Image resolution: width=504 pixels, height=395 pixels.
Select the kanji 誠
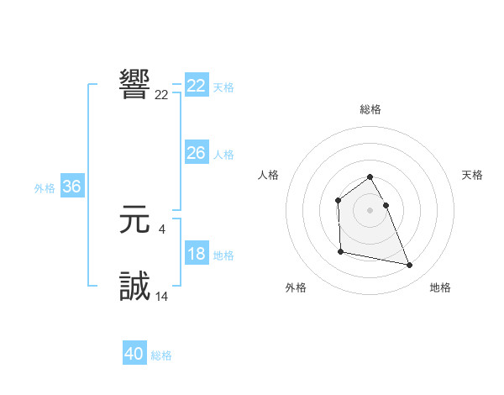135,287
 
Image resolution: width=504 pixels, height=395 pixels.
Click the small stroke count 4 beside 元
161,229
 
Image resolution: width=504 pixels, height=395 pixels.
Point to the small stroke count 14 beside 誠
161,296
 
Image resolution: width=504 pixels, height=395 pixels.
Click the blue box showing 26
196,153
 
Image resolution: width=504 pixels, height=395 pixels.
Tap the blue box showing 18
196,254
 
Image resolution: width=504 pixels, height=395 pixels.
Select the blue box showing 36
71,187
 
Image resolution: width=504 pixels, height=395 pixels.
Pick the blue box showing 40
134,354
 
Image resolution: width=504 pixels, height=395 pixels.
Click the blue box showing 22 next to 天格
196,86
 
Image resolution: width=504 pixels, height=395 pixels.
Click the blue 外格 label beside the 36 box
45,188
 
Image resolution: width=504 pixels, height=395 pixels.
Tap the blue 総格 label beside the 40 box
161,355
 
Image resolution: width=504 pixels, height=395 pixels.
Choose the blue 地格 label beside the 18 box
223,255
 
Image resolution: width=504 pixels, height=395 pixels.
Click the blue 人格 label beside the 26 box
223,155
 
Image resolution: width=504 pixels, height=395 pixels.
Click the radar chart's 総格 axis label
370,109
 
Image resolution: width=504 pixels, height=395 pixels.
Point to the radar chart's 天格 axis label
473,175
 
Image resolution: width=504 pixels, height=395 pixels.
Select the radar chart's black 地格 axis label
440,287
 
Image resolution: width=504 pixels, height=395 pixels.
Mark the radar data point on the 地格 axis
410,266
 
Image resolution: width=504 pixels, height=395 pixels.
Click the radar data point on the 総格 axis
370,177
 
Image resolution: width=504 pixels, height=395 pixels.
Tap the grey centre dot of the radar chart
370,210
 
